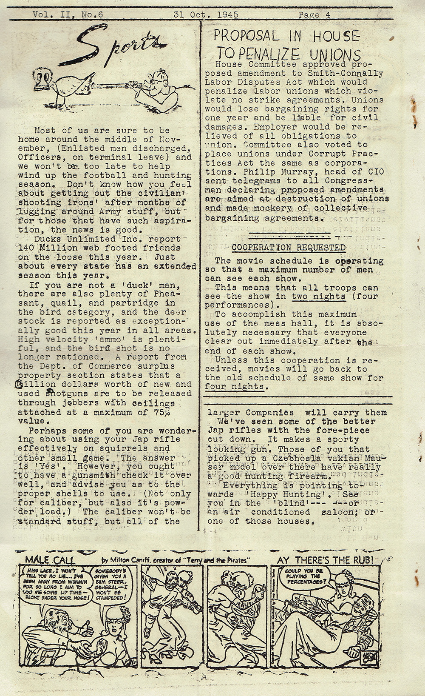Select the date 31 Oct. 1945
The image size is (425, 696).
pos(206,14)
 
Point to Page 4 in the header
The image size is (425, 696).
pos(314,14)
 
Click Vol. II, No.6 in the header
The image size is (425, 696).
pos(68,14)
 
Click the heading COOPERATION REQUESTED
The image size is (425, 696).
pos(289,247)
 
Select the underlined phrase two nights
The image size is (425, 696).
pos(318,296)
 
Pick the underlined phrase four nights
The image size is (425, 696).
pos(234,387)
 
